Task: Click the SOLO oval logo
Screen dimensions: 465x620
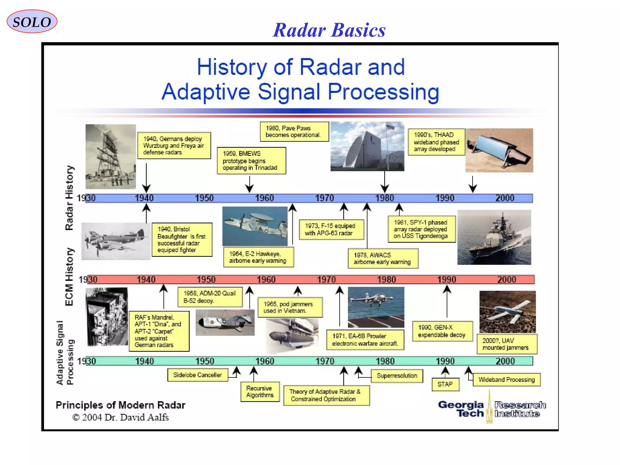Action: [x=32, y=21]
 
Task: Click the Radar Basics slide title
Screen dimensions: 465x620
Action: [x=329, y=30]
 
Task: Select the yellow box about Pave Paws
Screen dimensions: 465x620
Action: [x=294, y=132]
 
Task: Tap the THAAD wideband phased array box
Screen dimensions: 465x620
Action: [x=436, y=142]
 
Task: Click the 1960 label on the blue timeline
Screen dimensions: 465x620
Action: [x=264, y=198]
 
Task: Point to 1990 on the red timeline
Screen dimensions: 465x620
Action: [x=447, y=279]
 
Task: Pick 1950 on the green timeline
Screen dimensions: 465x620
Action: [x=205, y=361]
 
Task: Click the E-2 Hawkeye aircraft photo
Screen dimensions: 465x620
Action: [x=255, y=226]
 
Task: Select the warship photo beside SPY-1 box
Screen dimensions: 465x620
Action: [x=494, y=237]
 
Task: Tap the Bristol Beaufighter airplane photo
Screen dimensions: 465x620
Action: [x=116, y=241]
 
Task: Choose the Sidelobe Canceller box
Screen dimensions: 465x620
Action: [x=197, y=375]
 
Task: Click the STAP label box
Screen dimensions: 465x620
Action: [x=445, y=384]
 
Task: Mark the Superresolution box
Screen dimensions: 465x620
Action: [x=397, y=376]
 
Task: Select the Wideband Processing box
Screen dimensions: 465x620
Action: [x=506, y=380]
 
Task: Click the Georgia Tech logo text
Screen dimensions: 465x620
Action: [x=461, y=409]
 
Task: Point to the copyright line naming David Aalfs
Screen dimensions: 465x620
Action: [x=120, y=417]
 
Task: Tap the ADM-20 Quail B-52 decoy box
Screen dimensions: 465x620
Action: [x=209, y=297]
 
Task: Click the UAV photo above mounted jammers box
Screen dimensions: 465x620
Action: [x=507, y=312]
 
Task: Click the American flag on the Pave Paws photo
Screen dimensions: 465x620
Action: [x=390, y=127]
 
